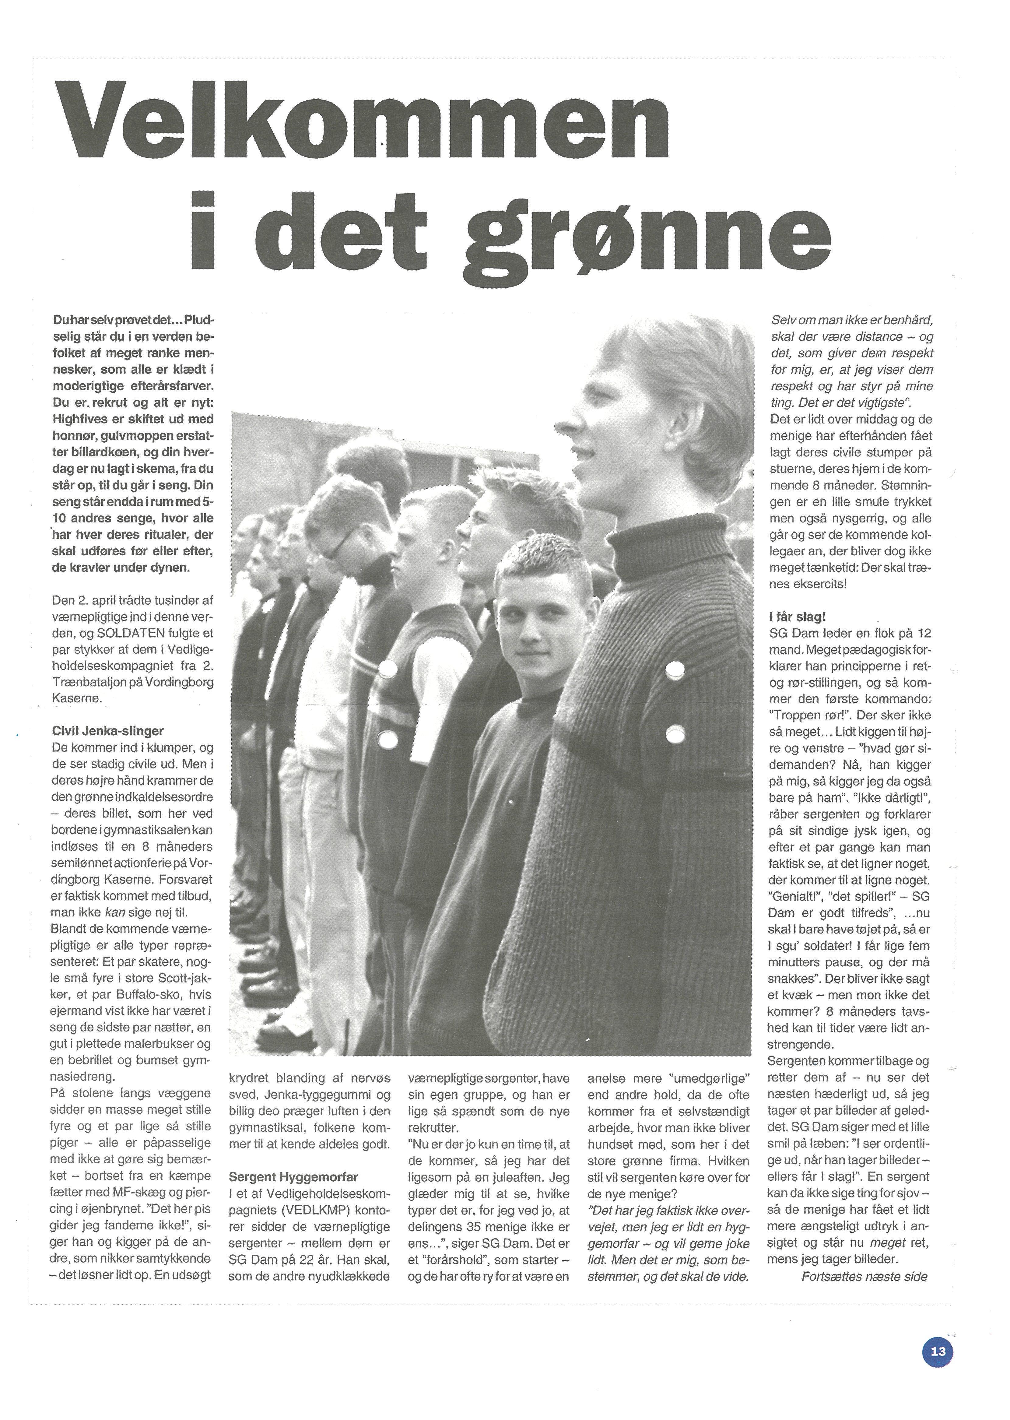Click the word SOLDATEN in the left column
point(130,650)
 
